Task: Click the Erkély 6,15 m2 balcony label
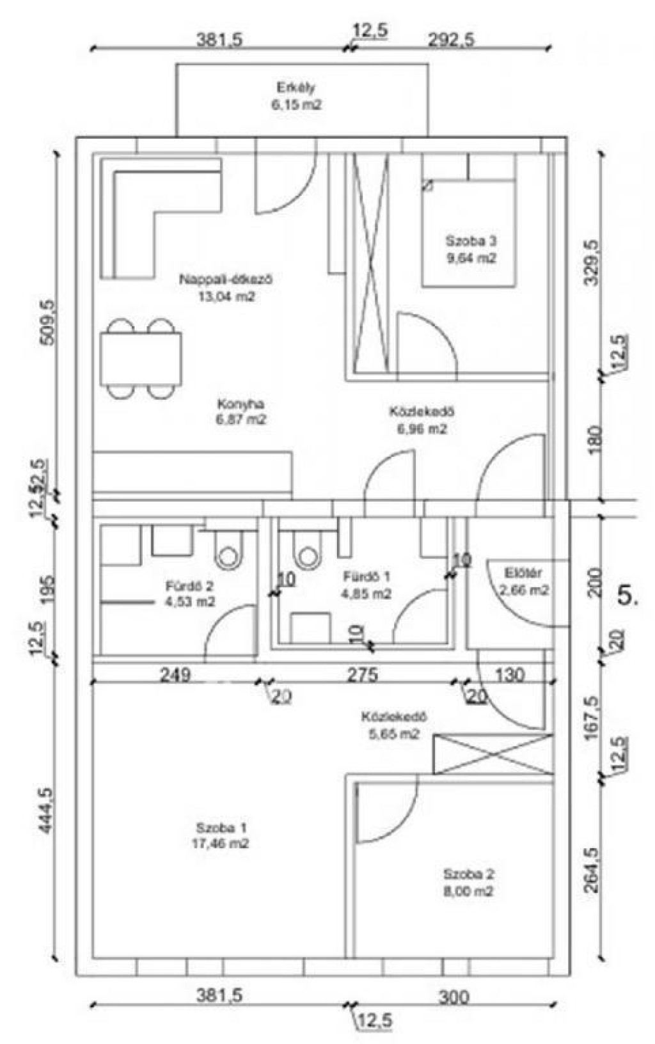point(296,96)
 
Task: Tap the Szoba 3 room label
point(471,249)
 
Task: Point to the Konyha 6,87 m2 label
point(241,412)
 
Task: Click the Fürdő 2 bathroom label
point(189,593)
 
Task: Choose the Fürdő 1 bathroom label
point(367,585)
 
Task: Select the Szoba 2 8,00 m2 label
point(468,883)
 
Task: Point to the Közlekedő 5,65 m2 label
point(393,725)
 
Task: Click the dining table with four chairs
point(141,359)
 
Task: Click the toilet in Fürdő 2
point(228,555)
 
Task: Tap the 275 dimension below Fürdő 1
point(362,674)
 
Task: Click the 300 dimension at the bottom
point(454,997)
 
